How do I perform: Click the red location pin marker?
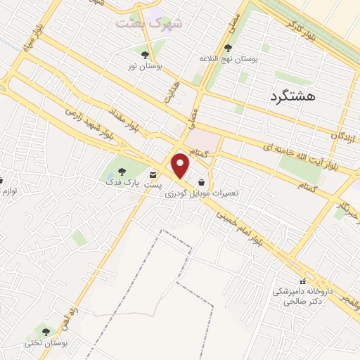tap(181, 166)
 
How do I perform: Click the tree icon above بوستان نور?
tap(145, 54)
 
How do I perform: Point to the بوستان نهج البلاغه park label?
tap(229, 60)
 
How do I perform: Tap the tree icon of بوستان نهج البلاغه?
tap(228, 49)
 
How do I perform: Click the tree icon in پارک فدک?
tap(121, 171)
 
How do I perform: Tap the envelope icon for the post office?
tap(153, 173)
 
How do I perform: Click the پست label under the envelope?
tap(153, 184)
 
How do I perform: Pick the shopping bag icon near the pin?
tap(202, 181)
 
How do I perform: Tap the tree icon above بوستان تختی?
tap(46, 331)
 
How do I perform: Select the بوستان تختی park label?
tap(44, 342)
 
